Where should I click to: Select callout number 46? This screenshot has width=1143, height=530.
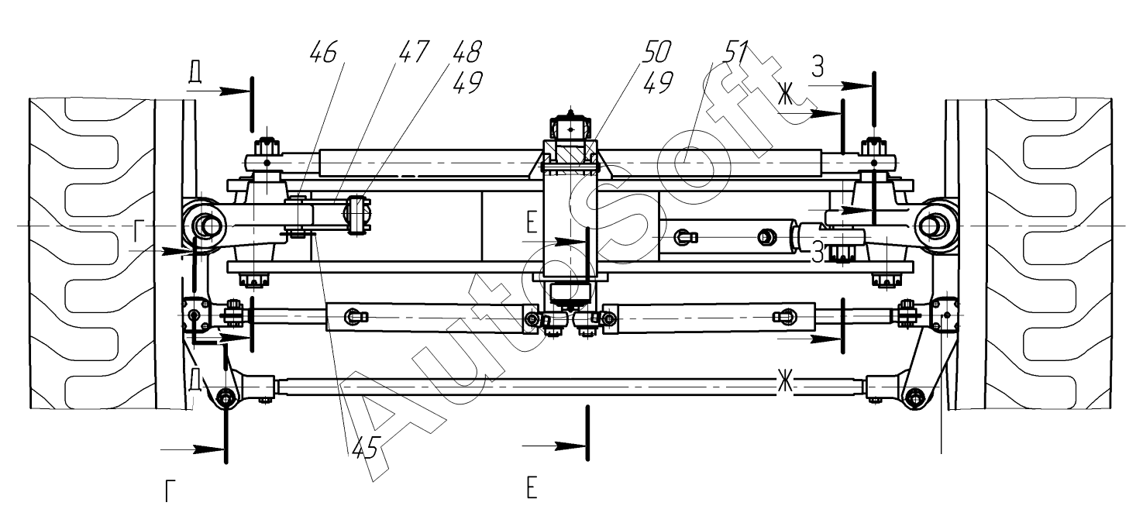[x=324, y=53]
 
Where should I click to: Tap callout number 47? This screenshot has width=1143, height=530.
[x=413, y=52]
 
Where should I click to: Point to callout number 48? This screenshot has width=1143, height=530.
[x=466, y=52]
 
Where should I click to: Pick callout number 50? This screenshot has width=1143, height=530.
[x=656, y=52]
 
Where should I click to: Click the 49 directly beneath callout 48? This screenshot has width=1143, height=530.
[x=467, y=82]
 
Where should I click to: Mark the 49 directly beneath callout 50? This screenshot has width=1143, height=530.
[x=658, y=82]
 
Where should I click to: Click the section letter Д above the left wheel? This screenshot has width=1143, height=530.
[x=195, y=74]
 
